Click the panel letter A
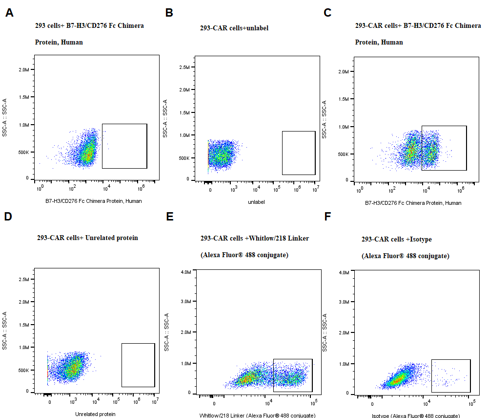coord(9,13)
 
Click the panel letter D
coord(8,217)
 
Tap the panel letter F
coord(328,217)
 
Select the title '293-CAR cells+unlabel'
coord(234,28)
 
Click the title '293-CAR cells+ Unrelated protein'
coord(87,238)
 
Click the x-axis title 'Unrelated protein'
coord(95,414)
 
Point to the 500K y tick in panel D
coord(22,370)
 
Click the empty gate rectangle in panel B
coord(299,153)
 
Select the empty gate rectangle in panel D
coord(138,365)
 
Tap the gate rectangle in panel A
coord(124,146)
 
